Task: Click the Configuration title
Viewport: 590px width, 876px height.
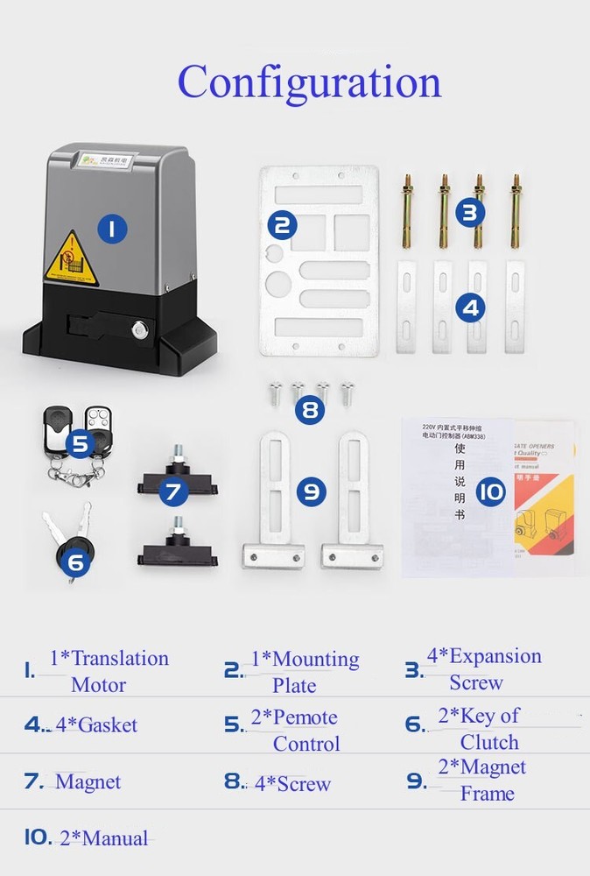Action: point(309,82)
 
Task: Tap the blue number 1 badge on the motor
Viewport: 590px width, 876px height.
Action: point(111,230)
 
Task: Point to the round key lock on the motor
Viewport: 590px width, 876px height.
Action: point(140,330)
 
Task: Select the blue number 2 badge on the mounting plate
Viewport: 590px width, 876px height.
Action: point(281,225)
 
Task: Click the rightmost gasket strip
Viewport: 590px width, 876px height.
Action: point(515,307)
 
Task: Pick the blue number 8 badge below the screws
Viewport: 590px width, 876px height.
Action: point(309,410)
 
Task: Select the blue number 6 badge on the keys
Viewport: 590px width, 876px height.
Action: point(75,561)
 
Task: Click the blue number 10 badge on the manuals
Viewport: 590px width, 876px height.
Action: point(491,491)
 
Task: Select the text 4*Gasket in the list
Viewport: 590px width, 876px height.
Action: point(96,725)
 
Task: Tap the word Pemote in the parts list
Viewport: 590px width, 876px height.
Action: point(306,717)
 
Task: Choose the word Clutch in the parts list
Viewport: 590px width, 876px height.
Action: point(489,743)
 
